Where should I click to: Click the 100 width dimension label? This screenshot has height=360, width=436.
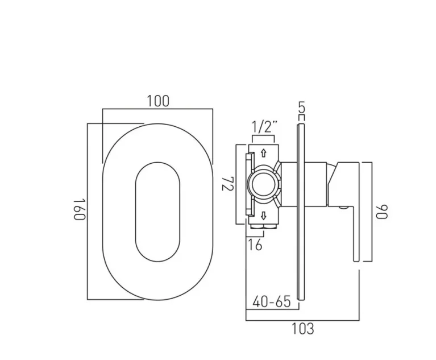click(x=157, y=101)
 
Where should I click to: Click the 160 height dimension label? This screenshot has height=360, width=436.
click(x=78, y=210)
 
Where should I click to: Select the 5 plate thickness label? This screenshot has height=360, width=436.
click(x=301, y=106)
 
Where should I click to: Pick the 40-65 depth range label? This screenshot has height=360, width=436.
click(x=271, y=301)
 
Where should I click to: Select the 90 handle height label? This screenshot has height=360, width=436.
click(x=382, y=212)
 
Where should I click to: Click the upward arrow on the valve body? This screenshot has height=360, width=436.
click(x=263, y=152)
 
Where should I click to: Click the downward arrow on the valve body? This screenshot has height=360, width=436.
click(x=263, y=216)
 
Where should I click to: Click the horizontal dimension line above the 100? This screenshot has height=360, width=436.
click(x=157, y=109)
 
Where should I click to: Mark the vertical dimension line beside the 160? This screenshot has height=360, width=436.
click(x=87, y=210)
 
